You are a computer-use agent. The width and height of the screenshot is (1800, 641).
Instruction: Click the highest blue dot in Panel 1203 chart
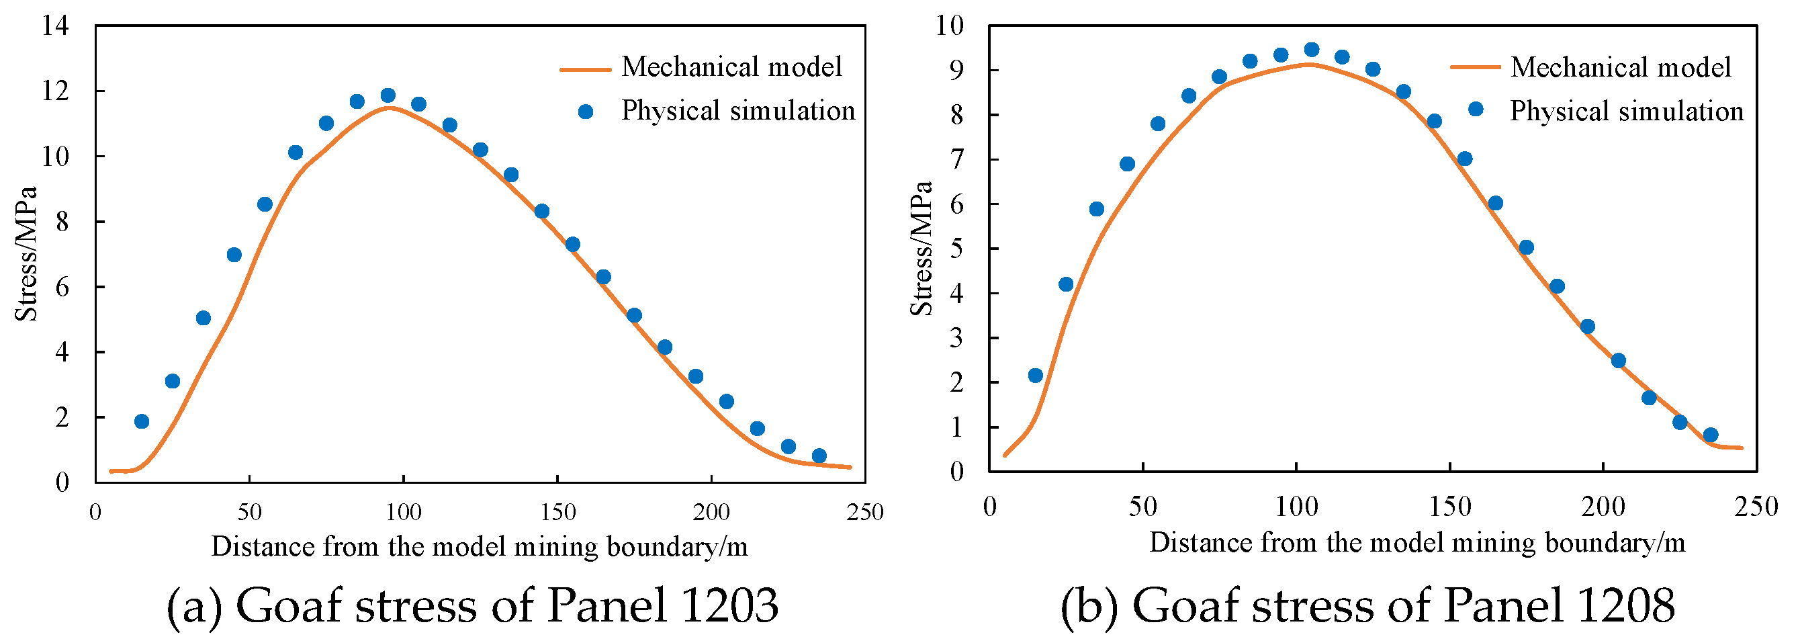pyautogui.click(x=388, y=95)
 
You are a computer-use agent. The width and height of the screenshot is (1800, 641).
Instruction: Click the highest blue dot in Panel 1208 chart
pyautogui.click(x=1312, y=50)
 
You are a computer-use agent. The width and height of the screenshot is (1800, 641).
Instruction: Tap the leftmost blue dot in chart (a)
pyautogui.click(x=142, y=421)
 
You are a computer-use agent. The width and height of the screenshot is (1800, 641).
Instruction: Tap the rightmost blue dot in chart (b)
pyautogui.click(x=1711, y=435)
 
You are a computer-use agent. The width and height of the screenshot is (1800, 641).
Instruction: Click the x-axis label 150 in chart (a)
pyautogui.click(x=557, y=513)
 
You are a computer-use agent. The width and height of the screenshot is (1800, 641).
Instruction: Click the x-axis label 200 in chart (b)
pyautogui.click(x=1603, y=507)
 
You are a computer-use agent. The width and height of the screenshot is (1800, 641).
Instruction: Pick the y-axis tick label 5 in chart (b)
pyautogui.click(x=956, y=249)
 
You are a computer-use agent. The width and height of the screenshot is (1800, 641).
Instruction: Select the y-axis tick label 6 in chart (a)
pyautogui.click(x=62, y=288)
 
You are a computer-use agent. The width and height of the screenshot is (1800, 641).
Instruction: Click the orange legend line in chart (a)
pyautogui.click(x=586, y=69)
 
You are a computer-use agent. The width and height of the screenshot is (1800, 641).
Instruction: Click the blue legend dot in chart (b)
pyautogui.click(x=1476, y=109)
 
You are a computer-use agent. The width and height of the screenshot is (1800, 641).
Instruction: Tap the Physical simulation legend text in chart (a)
pyautogui.click(x=738, y=110)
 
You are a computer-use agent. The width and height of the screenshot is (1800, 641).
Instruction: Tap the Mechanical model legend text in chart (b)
pyautogui.click(x=1621, y=67)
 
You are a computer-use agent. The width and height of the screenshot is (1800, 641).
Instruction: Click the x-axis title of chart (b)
pyautogui.click(x=1417, y=543)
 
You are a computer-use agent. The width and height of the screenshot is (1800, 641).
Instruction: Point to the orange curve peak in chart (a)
pyautogui.click(x=388, y=107)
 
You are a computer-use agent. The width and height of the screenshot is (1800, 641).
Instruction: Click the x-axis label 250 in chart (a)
pyautogui.click(x=865, y=513)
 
